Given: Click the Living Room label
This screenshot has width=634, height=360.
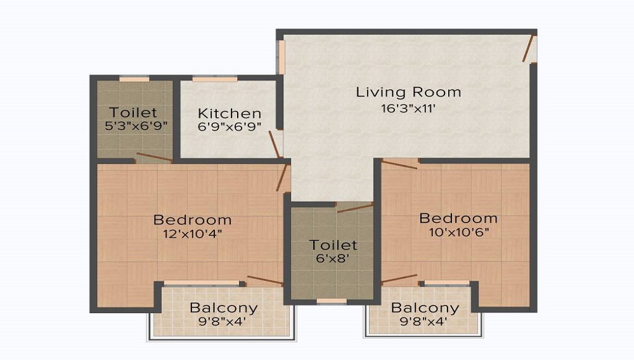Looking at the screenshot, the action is (x=408, y=92).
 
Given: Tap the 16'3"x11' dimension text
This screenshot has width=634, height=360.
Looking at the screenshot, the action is (x=408, y=108).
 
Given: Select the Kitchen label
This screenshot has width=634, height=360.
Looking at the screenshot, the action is (x=230, y=113).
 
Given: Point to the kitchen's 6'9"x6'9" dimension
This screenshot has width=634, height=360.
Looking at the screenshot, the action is (x=230, y=127).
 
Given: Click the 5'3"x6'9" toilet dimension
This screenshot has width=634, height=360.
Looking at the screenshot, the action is (x=136, y=125).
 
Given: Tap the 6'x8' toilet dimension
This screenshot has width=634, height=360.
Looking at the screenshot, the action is (x=332, y=258).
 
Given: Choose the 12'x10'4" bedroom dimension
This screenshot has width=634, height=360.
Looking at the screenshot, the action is (x=193, y=233).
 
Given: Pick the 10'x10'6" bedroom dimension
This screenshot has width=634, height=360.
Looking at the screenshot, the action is (x=459, y=232).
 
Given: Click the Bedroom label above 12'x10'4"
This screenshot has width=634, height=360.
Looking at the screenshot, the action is (x=193, y=220).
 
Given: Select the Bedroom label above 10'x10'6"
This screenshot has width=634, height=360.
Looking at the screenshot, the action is (x=458, y=218).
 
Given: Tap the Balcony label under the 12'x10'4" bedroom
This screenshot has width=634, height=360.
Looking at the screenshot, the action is (x=224, y=308).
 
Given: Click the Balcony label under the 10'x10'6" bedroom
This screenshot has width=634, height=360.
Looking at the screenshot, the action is (x=425, y=308).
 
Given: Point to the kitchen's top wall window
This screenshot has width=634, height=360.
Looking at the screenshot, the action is (x=215, y=79).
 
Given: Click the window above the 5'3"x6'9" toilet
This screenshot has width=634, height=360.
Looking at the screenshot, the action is (x=134, y=79).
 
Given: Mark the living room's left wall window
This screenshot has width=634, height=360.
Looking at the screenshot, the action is (x=281, y=58).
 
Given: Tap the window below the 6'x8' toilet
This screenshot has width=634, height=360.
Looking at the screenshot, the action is (x=332, y=302).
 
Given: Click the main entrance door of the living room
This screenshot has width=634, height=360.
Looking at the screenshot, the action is (x=527, y=48).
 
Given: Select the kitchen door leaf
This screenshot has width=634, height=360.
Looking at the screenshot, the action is (x=274, y=144).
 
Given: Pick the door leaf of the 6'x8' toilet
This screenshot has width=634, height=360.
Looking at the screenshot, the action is (x=355, y=208).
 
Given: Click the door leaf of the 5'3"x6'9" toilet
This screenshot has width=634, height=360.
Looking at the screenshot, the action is (x=155, y=157).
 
